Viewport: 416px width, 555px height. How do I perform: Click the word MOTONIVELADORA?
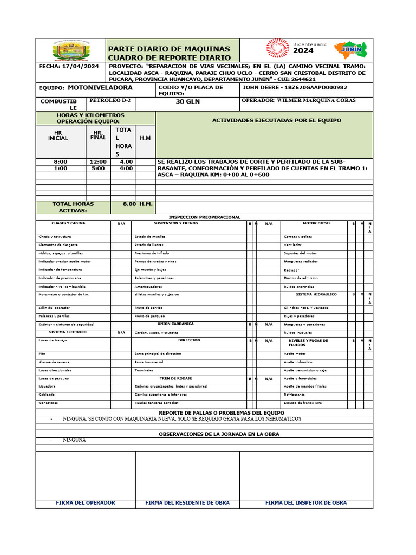pyautogui.click(x=100, y=87)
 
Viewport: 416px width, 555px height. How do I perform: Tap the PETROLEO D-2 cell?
pyautogui.click(x=110, y=101)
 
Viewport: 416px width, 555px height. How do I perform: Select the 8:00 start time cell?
pyautogui.click(x=61, y=162)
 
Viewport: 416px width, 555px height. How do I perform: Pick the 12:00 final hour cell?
pyautogui.click(x=98, y=162)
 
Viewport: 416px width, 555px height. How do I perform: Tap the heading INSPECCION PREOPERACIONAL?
pyautogui.click(x=204, y=217)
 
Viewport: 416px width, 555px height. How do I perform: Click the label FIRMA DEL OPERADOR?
pyautogui.click(x=86, y=503)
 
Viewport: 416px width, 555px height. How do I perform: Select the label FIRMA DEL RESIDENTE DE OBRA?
pyautogui.click(x=187, y=503)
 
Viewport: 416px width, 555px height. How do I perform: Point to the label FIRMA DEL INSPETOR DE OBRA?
pyautogui.click(x=306, y=503)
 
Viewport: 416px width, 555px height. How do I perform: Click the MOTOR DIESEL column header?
pyautogui.click(x=317, y=223)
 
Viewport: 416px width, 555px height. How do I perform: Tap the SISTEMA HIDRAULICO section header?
pyautogui.click(x=316, y=294)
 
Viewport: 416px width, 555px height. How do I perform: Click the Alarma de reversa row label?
pyautogui.click(x=54, y=362)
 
